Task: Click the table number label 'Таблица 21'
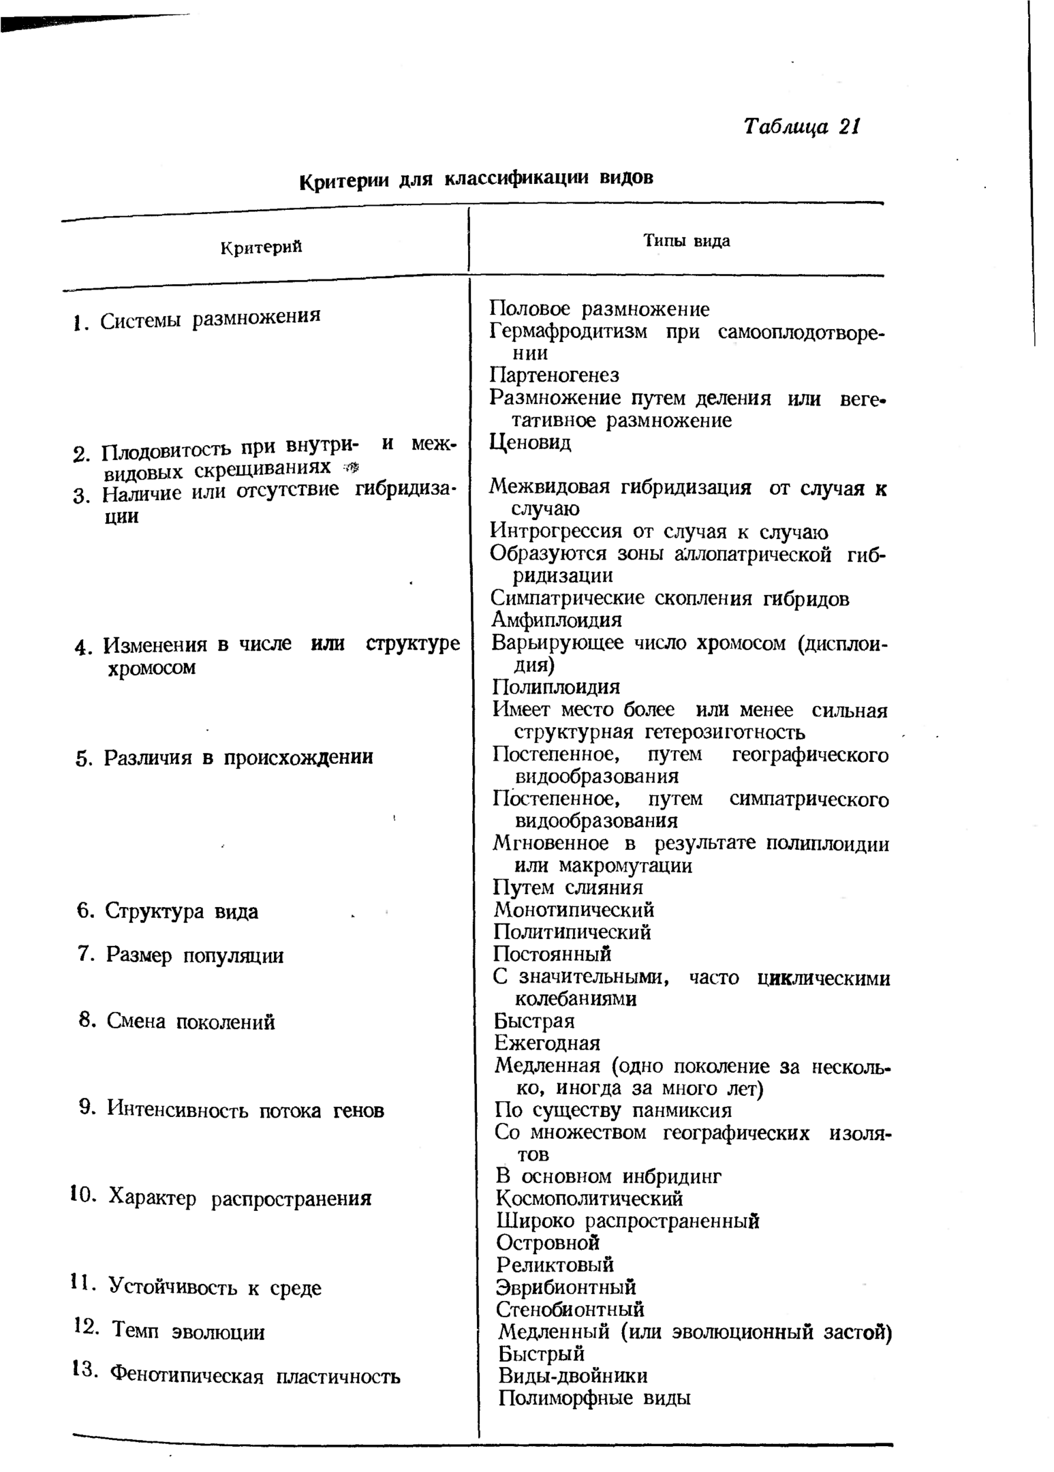(802, 127)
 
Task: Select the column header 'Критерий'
(261, 247)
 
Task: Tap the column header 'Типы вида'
(686, 241)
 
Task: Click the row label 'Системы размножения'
(210, 318)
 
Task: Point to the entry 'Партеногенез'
(554, 375)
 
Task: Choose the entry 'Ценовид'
(530, 442)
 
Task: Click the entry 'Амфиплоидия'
(556, 620)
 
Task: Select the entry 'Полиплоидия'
(556, 686)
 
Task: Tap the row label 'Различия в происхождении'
(238, 758)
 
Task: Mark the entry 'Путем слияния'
(568, 887)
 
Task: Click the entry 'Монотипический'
(574, 910)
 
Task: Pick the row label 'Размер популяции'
(194, 955)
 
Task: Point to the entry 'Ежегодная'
(547, 1043)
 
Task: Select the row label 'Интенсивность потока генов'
(245, 1110)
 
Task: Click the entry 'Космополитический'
(589, 1198)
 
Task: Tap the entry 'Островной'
(548, 1242)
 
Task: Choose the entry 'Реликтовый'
(555, 1265)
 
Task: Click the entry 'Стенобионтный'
(570, 1309)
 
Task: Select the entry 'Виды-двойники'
(572, 1375)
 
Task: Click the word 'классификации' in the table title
(518, 179)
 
